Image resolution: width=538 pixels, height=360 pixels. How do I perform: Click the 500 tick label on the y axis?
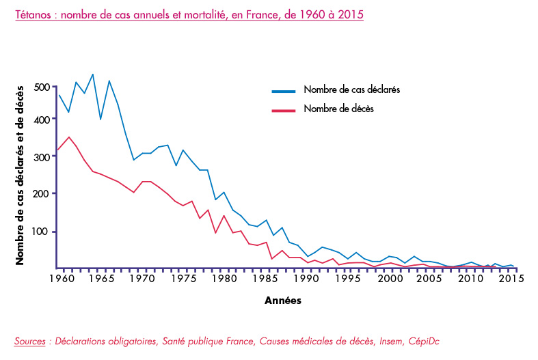tap(41, 87)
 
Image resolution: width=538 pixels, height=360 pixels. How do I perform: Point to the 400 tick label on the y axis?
tap(41, 120)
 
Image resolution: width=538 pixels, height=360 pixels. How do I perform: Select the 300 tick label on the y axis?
tap(41, 157)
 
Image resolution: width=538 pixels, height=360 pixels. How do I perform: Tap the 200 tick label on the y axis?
tap(41, 194)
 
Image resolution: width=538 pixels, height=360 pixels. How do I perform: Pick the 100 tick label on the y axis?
tap(41, 232)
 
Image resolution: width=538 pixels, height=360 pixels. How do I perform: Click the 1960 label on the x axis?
tap(59, 279)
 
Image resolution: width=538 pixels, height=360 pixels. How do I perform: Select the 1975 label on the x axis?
tap(179, 279)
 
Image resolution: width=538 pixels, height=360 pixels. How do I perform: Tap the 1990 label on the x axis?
tap(306, 279)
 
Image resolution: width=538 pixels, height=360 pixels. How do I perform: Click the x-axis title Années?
tap(282, 300)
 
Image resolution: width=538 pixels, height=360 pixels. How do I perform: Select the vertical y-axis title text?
tap(21, 174)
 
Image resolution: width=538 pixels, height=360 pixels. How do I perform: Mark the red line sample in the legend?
tap(283, 109)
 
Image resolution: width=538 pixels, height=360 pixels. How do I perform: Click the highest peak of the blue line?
tap(92, 74)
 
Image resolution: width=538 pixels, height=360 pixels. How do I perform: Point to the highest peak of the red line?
tap(68, 137)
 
